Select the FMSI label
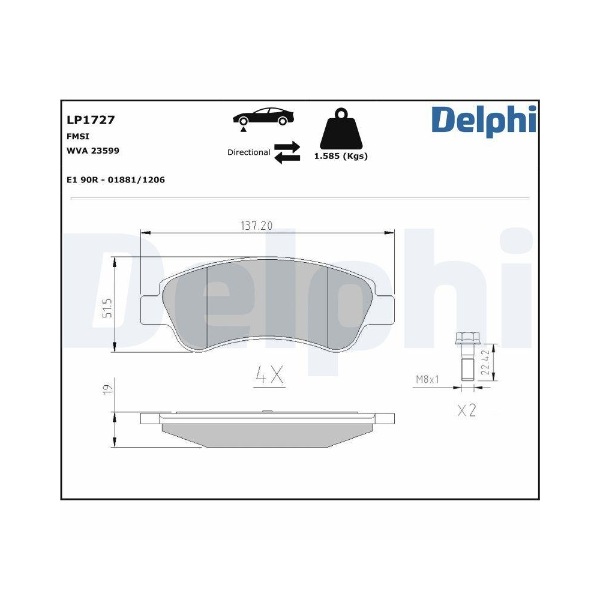78,137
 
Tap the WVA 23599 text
92,151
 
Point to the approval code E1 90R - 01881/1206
115,179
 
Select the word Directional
248,152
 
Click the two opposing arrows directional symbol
287,152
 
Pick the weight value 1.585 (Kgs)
341,156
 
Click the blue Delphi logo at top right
482,119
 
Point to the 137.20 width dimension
257,226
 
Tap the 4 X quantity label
269,376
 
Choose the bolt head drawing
466,338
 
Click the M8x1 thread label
428,379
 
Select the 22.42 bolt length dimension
487,363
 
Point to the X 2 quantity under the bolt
466,411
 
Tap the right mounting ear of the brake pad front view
385,309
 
